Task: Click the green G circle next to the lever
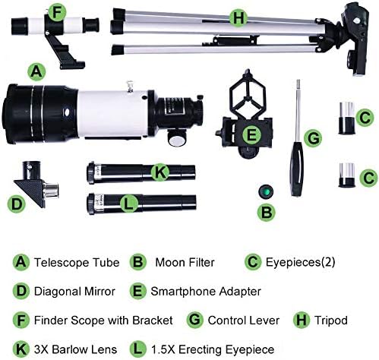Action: tap(311, 137)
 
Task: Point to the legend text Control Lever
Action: tap(242, 319)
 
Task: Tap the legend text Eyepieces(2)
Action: tap(300, 263)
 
